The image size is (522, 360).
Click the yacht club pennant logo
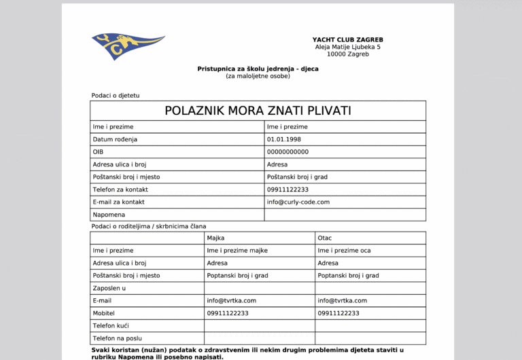127,45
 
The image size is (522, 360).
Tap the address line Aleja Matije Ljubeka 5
347,47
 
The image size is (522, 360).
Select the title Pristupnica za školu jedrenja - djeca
258,69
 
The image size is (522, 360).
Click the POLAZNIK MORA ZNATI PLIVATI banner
258,111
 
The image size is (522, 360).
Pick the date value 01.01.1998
284,139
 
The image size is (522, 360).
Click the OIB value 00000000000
288,151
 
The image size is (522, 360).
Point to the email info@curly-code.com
298,202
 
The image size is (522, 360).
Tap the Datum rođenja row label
115,139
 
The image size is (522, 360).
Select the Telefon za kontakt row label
120,190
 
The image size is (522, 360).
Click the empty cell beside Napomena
345,215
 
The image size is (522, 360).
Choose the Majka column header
215,238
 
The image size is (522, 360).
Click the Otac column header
325,238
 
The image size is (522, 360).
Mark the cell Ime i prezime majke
237,251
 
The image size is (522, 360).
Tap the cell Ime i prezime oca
344,251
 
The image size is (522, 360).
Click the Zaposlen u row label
109,288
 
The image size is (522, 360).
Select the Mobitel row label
103,313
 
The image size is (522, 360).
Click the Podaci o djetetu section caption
115,96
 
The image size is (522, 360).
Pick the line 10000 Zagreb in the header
347,54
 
